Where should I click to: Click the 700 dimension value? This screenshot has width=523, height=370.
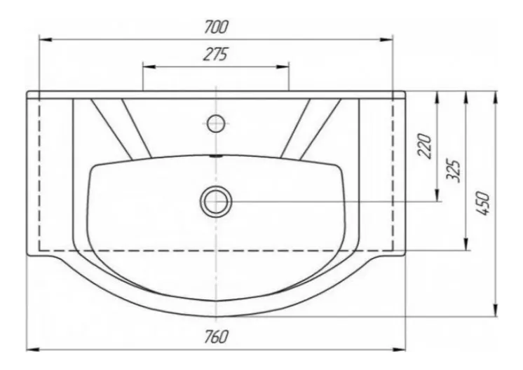point(217,27)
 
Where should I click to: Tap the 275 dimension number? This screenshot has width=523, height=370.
point(215,55)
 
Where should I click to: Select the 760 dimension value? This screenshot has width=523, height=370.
point(217,336)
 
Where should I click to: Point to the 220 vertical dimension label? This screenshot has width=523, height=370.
point(425,146)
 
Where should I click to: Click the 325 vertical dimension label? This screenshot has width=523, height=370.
point(454,171)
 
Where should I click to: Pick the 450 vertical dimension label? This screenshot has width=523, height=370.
point(483,203)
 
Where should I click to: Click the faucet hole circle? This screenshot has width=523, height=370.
point(216,123)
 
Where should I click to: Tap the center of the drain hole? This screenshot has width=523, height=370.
point(216,202)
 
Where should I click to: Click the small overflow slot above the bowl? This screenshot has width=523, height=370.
point(216,156)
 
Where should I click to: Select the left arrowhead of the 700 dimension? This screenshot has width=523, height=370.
point(46,40)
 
